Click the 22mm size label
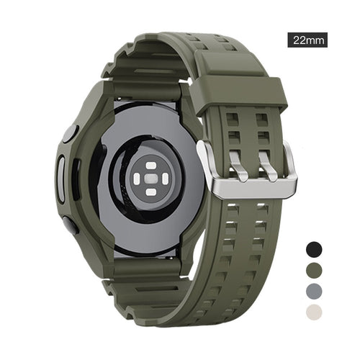pyautogui.click(x=309, y=40)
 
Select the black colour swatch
pyautogui.click(x=314, y=249)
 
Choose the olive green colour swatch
pyautogui.click(x=314, y=271)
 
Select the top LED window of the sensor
pyautogui.click(x=151, y=166)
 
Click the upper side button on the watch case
pyautogui.click(x=70, y=133)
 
